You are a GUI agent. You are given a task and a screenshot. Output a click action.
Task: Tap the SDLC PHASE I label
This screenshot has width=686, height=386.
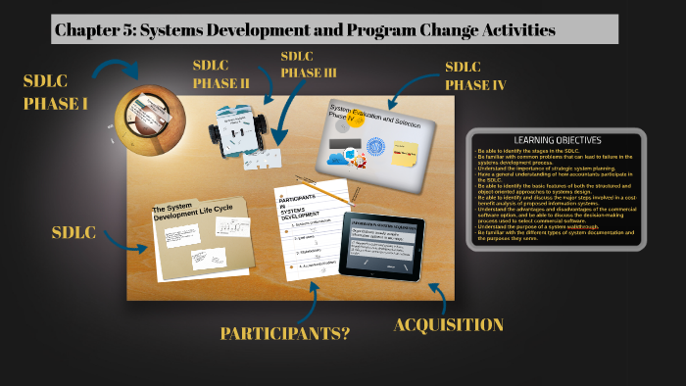(55, 90)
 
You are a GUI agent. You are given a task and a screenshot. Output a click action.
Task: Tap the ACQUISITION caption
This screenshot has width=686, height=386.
(448, 324)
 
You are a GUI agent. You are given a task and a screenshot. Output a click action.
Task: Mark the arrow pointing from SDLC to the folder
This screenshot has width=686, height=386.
(130, 238)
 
